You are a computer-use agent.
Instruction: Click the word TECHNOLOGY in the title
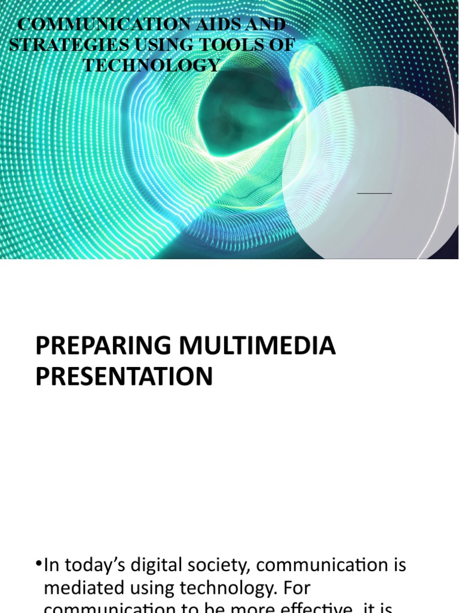tap(152, 65)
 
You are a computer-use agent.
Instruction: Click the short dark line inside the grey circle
tap(374, 193)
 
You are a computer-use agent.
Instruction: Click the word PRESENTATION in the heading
tap(124, 377)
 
